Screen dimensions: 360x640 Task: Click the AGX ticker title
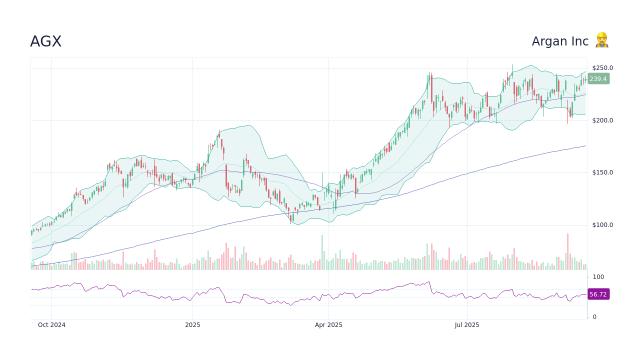click(45, 41)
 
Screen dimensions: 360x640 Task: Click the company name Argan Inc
click(560, 41)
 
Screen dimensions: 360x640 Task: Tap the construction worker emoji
click(601, 40)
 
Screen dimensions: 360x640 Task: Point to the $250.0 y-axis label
click(602, 68)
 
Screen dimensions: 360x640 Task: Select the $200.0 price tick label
click(602, 120)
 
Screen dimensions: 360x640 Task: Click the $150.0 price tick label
click(602, 172)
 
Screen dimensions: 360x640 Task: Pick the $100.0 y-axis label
click(602, 225)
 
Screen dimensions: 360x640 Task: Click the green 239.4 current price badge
click(598, 79)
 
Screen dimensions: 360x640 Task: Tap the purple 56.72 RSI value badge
click(598, 294)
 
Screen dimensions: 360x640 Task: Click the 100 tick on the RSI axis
click(598, 277)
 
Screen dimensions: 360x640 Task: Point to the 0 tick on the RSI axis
click(594, 317)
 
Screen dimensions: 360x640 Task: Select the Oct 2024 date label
click(51, 325)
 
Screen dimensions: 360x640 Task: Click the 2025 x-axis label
click(192, 325)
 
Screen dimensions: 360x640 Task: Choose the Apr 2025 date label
click(328, 325)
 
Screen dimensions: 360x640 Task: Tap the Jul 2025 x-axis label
click(467, 325)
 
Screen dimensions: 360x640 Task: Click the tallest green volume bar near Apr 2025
click(322, 252)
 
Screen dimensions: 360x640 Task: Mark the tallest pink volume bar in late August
click(567, 251)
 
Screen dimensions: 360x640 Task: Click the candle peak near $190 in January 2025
click(219, 131)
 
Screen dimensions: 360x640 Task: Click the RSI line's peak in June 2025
click(429, 282)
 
